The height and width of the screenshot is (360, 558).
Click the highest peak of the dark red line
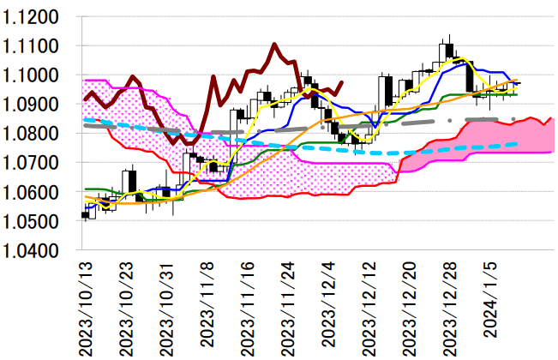[x=273, y=45]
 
